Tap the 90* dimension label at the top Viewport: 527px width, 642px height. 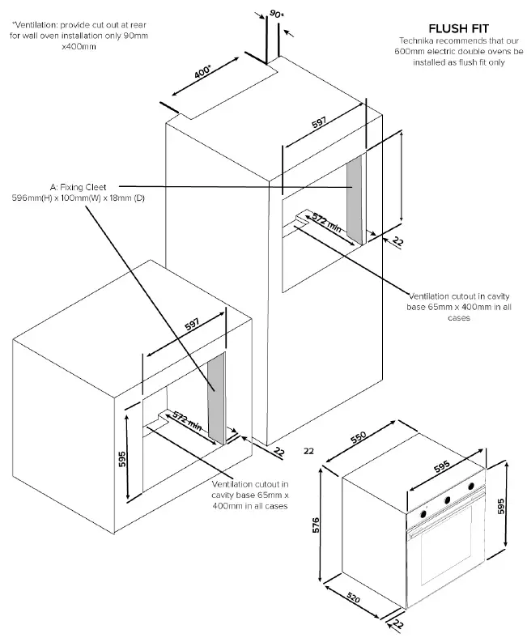click(276, 14)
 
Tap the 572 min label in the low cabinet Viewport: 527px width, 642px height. click(185, 420)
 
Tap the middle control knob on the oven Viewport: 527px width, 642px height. click(446, 500)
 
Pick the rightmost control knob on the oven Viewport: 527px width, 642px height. click(470, 486)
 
